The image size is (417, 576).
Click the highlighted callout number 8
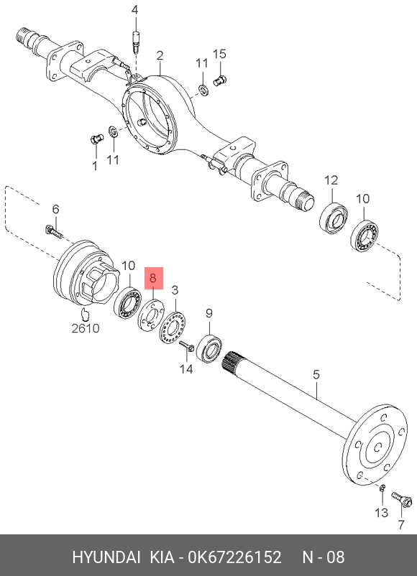[x=153, y=277]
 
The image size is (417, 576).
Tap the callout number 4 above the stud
[x=135, y=10]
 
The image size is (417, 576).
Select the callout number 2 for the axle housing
[x=160, y=55]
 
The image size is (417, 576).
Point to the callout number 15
[x=219, y=54]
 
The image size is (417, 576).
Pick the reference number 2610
[x=86, y=328]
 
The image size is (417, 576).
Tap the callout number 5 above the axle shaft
[x=316, y=375]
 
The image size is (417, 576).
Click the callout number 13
[x=382, y=511]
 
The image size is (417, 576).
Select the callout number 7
[x=400, y=524]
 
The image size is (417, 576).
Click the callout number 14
[x=186, y=369]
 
